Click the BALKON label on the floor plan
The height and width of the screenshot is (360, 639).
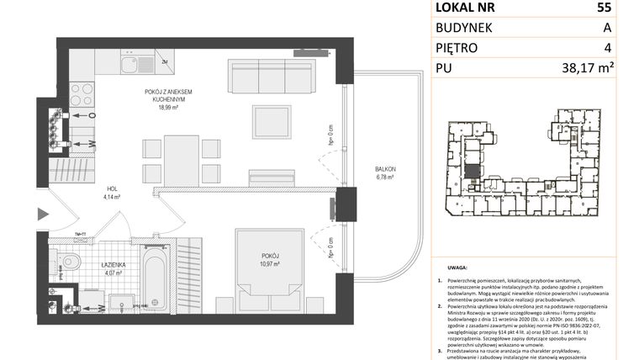tap(385, 170)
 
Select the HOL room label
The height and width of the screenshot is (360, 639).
tap(111, 189)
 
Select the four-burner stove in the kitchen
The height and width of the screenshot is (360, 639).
tap(82, 87)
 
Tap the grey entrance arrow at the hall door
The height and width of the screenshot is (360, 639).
tap(41, 215)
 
